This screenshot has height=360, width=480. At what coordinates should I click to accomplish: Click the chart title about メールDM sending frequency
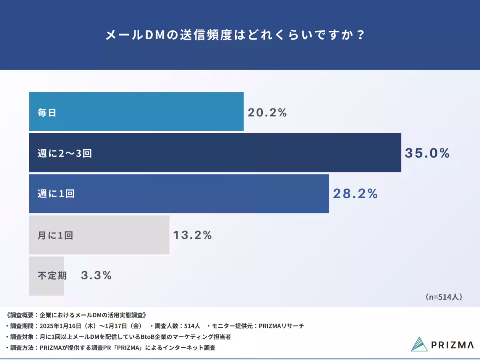[235, 35]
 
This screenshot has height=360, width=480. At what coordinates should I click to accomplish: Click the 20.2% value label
[267, 113]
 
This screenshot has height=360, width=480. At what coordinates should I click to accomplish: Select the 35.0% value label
[427, 153]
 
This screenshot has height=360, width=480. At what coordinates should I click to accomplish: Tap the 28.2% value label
[355, 194]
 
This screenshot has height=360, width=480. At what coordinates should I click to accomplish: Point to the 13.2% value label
[192, 235]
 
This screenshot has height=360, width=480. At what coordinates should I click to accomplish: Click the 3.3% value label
[96, 276]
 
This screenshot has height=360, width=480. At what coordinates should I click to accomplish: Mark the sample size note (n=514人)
[443, 297]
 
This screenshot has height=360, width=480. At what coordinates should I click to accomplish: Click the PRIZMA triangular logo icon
[419, 344]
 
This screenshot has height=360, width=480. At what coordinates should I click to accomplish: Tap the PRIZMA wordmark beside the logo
[452, 345]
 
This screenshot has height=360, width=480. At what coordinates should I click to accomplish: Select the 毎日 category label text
[47, 113]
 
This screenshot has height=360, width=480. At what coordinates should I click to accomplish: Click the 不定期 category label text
[52, 276]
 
